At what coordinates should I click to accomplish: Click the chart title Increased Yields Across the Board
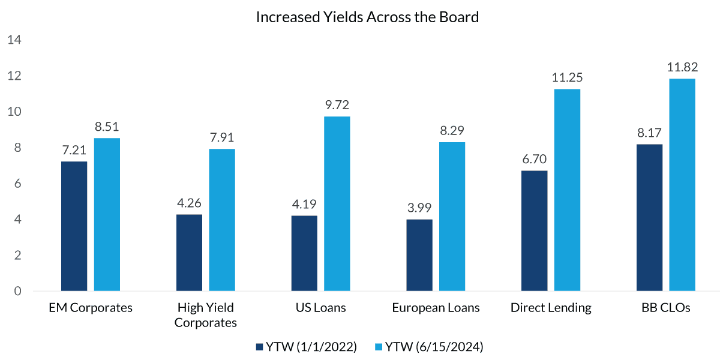pos(367,17)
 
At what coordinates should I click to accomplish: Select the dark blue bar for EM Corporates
pos(74,226)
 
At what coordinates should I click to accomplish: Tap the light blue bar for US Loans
pos(337,204)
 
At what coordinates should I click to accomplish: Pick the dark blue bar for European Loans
pos(419,255)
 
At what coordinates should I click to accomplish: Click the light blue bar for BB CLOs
pos(682,185)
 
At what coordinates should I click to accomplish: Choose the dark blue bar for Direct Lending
pos(534,231)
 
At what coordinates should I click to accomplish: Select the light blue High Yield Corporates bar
pos(222,220)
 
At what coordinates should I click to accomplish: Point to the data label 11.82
pos(682,67)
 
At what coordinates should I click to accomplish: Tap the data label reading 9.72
pos(337,104)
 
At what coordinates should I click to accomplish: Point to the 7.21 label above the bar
pos(74,149)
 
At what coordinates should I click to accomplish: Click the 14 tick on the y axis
pos(14,40)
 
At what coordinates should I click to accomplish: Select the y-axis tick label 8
pos(17,148)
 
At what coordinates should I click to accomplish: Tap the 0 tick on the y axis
pos(17,291)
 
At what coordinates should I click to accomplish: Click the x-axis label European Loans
pos(436,308)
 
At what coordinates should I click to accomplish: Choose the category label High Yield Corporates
pos(206,315)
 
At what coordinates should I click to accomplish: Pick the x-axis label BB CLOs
pos(666,308)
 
